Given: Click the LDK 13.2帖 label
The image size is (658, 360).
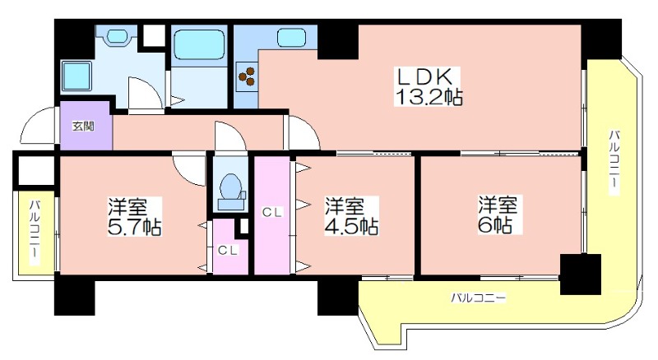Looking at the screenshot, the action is point(428,86).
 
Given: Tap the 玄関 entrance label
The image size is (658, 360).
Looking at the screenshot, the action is point(83,126).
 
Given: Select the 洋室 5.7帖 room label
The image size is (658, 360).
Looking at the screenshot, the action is point(134,216).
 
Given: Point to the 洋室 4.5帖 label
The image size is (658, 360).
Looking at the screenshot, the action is point(352,216).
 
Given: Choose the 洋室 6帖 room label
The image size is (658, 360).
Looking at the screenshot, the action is point(498,215).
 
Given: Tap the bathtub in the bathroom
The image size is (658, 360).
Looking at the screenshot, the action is point(197,45).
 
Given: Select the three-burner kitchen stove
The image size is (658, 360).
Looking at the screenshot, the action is point(247,76).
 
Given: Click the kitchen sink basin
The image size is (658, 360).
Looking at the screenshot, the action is point(291,37).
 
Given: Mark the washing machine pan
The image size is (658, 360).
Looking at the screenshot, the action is point(76,76).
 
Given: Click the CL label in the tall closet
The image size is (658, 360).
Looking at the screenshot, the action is point(272,212).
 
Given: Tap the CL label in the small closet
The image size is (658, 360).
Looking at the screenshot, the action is point(228,251).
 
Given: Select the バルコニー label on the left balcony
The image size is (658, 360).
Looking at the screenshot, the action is point(35,232).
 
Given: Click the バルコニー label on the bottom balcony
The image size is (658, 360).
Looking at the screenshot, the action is point(479,298).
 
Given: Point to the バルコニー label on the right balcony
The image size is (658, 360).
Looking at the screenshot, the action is point(614,162).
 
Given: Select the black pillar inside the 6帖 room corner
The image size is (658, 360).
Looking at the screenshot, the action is point(581,275).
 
